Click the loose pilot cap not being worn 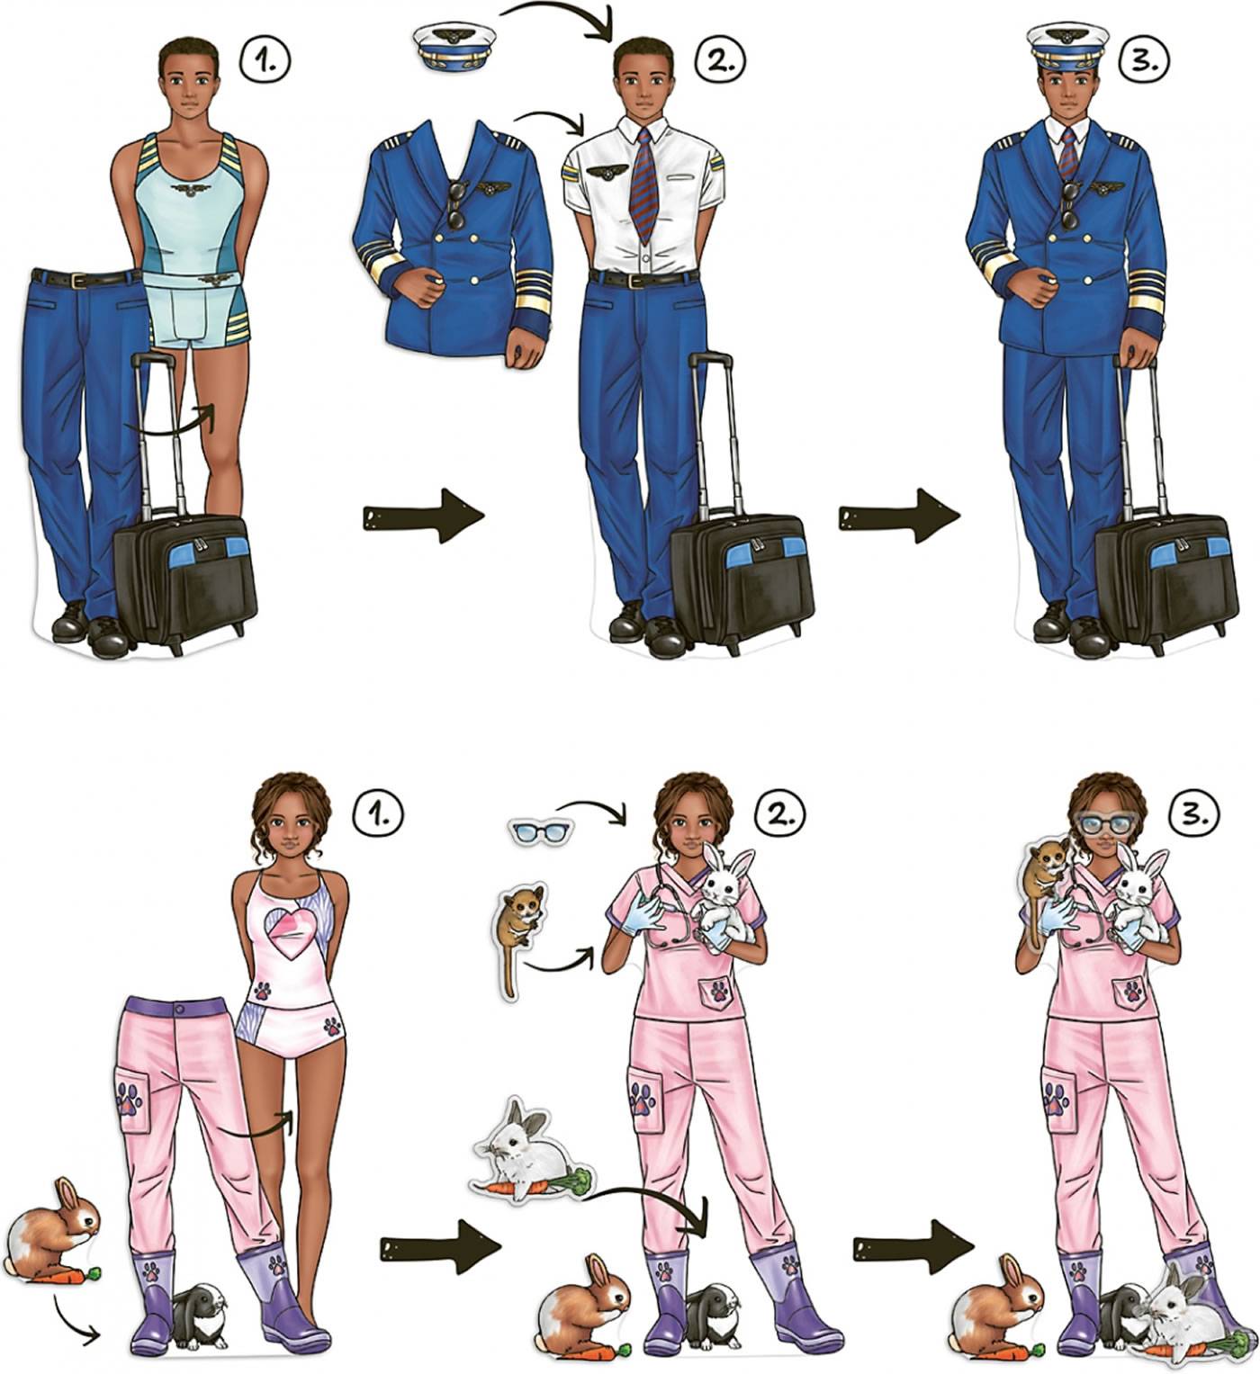click(454, 47)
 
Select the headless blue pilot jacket click(453, 243)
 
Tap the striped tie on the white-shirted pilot click(643, 185)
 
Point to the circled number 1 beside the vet click(378, 816)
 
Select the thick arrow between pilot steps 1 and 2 click(423, 515)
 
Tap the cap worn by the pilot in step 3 click(1067, 48)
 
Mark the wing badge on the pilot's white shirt click(607, 172)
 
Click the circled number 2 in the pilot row click(720, 59)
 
